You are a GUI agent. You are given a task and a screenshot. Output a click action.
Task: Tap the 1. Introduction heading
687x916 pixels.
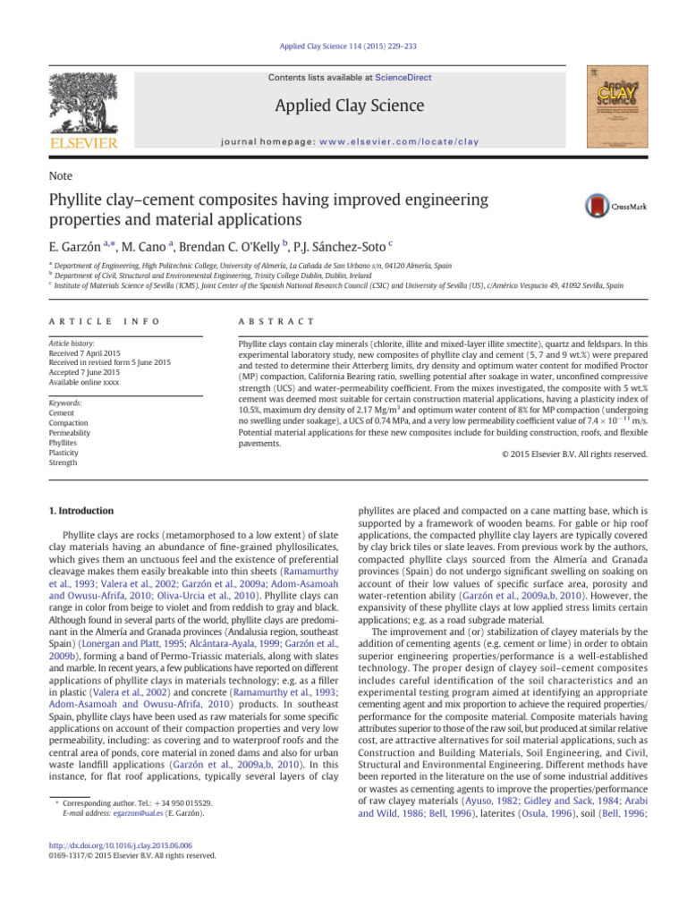pos(80,511)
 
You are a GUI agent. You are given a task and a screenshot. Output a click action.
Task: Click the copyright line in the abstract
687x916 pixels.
pos(570,454)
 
